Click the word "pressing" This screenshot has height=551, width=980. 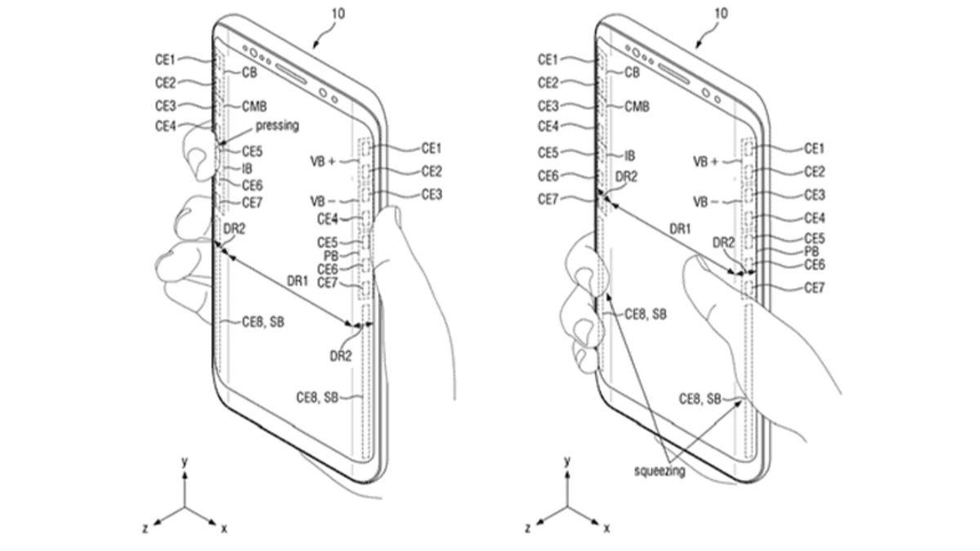[x=277, y=126]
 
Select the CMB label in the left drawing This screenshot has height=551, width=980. [x=256, y=107]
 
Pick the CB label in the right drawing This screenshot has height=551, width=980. [x=631, y=72]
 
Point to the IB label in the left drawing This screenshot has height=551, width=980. [x=247, y=169]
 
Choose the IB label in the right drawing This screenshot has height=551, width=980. [x=630, y=154]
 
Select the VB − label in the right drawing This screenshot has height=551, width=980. [x=705, y=201]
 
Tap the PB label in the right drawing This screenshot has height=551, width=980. [x=812, y=251]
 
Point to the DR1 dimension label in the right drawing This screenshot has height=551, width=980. [x=680, y=229]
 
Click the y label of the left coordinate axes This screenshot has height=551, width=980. [x=185, y=462]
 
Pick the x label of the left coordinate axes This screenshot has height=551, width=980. [x=224, y=529]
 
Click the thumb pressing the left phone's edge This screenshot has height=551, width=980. [x=196, y=155]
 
